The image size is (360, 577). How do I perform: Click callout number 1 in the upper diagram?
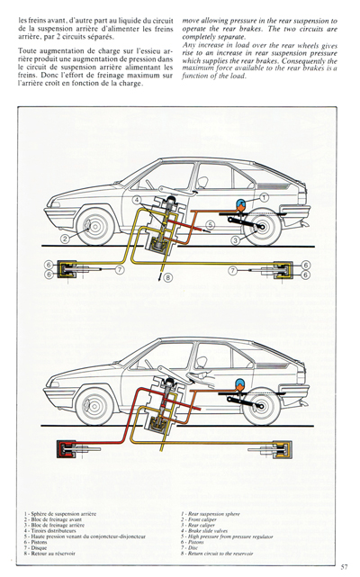pyautogui.click(x=265, y=196)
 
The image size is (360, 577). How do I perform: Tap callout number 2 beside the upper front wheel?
pyautogui.click(x=65, y=239)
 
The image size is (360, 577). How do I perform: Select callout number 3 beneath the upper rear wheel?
pyautogui.click(x=235, y=240)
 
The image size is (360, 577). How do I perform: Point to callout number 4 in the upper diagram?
pyautogui.click(x=137, y=199)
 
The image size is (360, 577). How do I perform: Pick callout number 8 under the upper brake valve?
pyautogui.click(x=167, y=279)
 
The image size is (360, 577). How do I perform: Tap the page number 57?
pyautogui.click(x=344, y=565)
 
